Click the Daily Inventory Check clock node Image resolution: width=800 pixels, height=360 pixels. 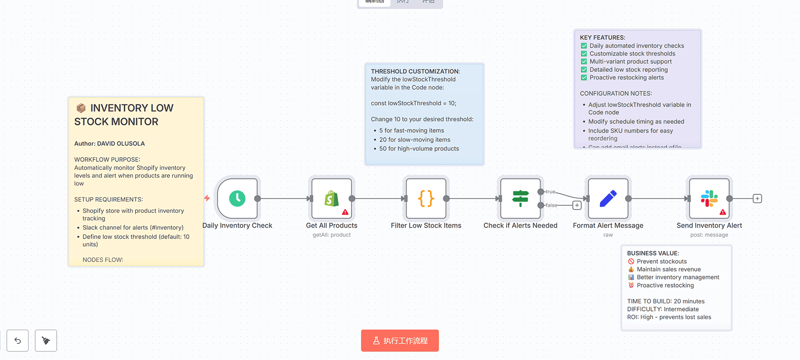tap(237, 199)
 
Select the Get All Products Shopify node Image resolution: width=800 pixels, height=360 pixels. tap(331, 199)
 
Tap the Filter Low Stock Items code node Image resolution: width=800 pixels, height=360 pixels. tap(426, 199)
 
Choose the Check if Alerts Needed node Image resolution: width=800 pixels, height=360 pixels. tap(520, 199)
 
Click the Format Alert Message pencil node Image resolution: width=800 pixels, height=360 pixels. tap(608, 199)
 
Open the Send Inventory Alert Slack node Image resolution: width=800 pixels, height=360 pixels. tap(709, 199)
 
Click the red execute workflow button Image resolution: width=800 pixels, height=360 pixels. tap(400, 340)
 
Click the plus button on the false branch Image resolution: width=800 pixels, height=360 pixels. tap(577, 205)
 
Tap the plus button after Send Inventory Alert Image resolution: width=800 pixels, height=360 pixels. tap(757, 199)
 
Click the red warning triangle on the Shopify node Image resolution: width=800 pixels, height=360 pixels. tap(345, 212)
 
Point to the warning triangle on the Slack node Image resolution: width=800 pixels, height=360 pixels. tap(723, 212)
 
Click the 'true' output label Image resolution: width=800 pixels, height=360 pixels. tap(550, 191)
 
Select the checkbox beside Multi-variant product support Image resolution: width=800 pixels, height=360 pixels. tap(584, 61)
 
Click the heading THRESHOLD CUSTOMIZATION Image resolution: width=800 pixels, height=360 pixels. tap(415, 71)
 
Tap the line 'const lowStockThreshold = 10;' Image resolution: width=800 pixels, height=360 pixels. tap(413, 103)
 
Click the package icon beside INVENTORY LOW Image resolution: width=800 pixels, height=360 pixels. tap(81, 108)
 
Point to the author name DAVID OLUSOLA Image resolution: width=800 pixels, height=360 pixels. tap(121, 143)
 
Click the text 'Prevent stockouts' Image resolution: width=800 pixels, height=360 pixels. tap(661, 261)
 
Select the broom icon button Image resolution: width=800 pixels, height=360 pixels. tap(46, 340)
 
